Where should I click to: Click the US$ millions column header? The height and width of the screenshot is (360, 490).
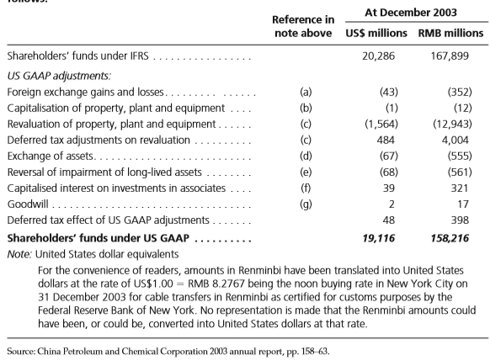[376, 33]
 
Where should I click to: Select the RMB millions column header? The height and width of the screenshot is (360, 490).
[450, 33]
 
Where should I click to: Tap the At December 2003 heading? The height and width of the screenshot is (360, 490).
[411, 13]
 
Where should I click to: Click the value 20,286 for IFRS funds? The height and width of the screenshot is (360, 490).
[378, 56]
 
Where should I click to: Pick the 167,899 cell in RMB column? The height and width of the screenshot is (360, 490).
[450, 56]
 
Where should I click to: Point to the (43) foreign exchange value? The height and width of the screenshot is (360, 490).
[389, 93]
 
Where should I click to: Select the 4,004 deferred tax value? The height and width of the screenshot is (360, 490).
[455, 140]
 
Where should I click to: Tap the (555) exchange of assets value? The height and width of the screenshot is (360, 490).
[460, 156]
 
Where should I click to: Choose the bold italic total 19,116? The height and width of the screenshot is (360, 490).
[378, 239]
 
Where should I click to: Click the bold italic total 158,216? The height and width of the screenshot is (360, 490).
[450, 239]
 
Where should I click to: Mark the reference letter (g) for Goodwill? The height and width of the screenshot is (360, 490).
[306, 204]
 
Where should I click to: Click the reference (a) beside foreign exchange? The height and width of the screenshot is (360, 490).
[306, 93]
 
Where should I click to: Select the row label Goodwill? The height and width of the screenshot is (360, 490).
[28, 204]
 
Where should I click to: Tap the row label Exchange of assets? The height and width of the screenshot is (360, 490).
[51, 156]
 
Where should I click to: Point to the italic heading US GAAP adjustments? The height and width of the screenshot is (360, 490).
[59, 76]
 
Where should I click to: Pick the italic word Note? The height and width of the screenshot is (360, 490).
[19, 254]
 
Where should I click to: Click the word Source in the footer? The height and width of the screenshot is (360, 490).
[21, 352]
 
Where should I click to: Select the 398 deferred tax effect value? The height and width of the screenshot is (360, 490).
[460, 220]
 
